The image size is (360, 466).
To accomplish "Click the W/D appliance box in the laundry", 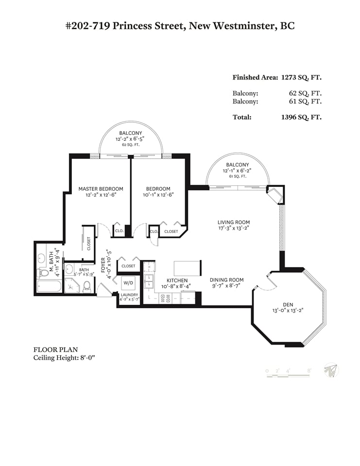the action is [128, 283].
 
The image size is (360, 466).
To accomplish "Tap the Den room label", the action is [288, 305].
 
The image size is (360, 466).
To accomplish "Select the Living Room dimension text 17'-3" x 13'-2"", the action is [234, 228].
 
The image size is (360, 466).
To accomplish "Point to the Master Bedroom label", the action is [101, 189].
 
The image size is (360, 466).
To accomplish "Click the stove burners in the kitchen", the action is [165, 298].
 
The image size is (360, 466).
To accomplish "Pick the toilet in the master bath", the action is [43, 272].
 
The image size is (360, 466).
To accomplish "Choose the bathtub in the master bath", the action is [49, 286].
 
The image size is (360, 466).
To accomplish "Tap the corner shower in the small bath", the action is [72, 285].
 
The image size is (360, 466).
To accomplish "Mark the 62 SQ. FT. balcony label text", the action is [131, 145].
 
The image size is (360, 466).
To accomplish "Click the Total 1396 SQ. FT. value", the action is [301, 117].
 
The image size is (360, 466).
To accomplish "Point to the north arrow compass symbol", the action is [331, 370].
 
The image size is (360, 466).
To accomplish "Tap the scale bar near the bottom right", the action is [288, 375].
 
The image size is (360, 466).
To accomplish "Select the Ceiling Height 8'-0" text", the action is [64, 358].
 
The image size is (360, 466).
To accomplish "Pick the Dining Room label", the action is [227, 280].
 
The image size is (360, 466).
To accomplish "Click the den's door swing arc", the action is [269, 286].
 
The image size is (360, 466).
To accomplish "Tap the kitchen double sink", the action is [149, 281].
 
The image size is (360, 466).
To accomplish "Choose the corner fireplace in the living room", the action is [275, 194].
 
